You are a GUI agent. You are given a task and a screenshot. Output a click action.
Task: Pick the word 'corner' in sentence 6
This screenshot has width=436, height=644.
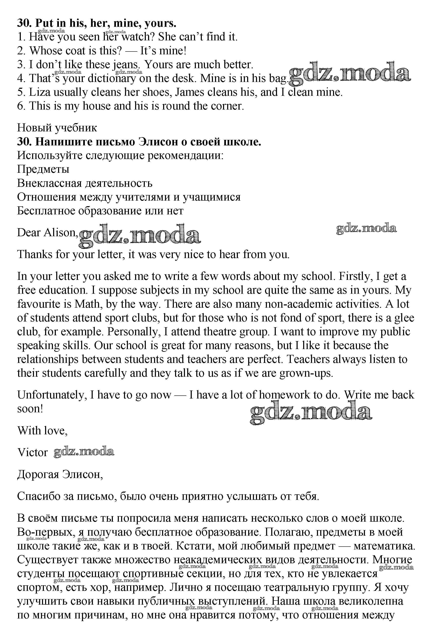pyautogui.click(x=227, y=106)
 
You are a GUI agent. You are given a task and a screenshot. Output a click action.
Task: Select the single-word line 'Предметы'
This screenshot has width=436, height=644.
pyautogui.click(x=43, y=169)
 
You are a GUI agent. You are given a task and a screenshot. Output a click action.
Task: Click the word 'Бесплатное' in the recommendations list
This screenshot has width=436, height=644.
pyautogui.click(x=46, y=211)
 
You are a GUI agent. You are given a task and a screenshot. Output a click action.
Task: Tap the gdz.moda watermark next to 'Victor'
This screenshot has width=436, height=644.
pyautogui.click(x=84, y=452)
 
